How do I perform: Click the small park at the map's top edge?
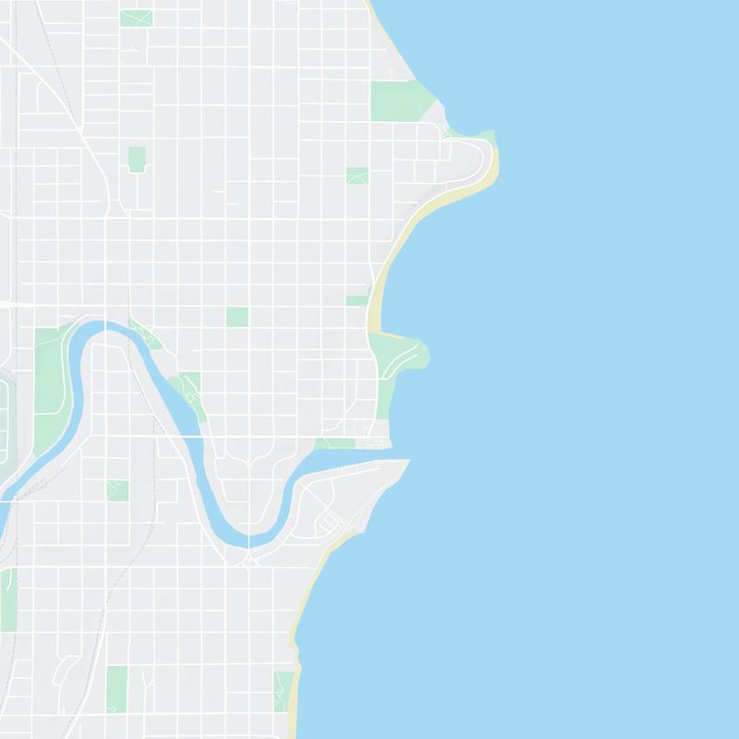pyautogui.click(x=136, y=18)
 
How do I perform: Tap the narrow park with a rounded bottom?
pyautogui.click(x=137, y=159)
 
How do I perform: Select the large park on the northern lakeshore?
pyautogui.click(x=397, y=101)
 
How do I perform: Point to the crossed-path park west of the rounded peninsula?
pyautogui.click(x=357, y=176)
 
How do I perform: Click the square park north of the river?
pyautogui.click(x=237, y=317)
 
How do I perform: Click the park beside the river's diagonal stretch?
pyautogui.click(x=187, y=388)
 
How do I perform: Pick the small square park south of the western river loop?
pyautogui.click(x=117, y=491)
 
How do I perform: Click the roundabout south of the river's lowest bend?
pyautogui.click(x=248, y=562)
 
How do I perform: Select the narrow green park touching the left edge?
pyautogui.click(x=7, y=600)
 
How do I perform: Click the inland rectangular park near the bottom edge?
pyautogui.click(x=116, y=689)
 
